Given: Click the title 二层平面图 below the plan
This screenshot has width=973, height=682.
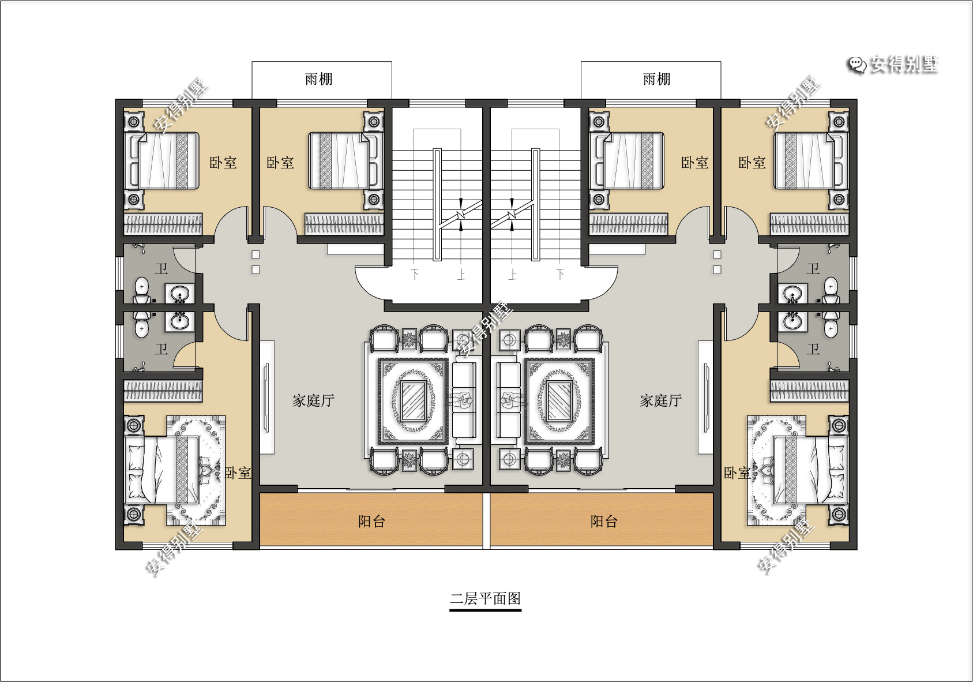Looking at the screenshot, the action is point(485,599).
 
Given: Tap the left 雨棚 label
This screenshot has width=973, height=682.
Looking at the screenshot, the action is point(319,79).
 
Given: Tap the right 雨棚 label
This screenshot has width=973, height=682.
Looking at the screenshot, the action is point(656,79).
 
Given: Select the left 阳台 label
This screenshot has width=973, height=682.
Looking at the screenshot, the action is point(371,522).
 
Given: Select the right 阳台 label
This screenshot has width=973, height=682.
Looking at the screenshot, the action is point(604,522).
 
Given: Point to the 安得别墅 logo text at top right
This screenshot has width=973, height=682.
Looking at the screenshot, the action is point(903,65).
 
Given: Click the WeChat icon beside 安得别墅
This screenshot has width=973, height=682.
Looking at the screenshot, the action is point(858,66).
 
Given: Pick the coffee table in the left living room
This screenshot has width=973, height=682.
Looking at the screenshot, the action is point(413,401).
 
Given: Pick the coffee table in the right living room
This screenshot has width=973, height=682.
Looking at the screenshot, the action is point(559,401).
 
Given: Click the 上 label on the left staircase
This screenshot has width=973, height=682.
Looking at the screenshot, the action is point(461,274).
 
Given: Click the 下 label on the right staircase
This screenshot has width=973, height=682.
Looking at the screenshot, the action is point(561,274).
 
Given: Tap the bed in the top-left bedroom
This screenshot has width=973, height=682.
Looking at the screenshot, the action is point(162,161).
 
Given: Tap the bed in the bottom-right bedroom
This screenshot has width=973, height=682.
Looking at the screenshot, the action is point(810,470).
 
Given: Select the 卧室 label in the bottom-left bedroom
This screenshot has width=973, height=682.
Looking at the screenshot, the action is point(238,473).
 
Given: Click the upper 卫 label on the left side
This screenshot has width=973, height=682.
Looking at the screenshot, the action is point(161,269).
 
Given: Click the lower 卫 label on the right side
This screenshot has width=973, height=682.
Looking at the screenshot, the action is point(813,349).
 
